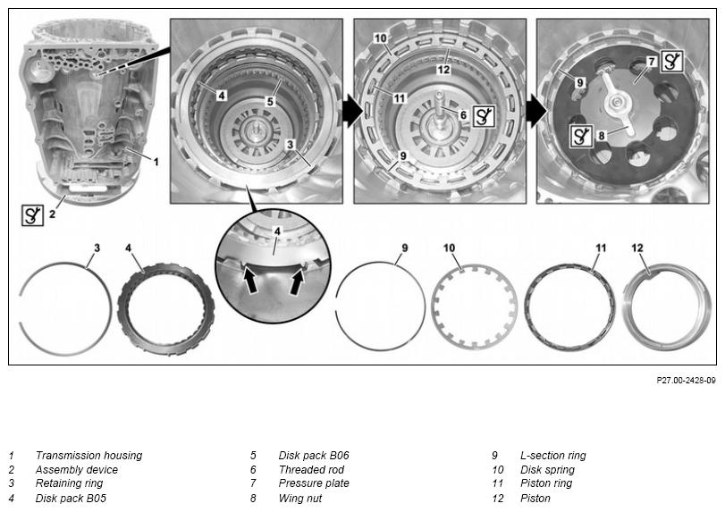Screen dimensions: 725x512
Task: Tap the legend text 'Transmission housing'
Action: pos(89,455)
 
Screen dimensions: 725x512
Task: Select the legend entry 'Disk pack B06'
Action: pos(314,455)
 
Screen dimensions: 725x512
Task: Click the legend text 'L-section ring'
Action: pos(553,455)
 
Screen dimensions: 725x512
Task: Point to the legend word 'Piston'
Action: pos(535,498)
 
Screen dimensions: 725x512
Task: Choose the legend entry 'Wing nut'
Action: pos(300,498)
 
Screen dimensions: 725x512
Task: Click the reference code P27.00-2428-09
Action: pos(686,381)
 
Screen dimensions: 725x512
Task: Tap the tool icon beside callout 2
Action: pos(33,214)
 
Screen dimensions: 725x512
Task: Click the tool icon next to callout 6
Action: pos(484,116)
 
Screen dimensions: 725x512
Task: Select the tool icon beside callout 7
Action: pos(672,61)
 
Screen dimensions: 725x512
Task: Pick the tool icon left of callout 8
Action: pos(581,136)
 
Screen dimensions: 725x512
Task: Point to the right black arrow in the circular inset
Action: pos(296,281)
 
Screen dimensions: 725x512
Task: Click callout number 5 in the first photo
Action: pos(270,101)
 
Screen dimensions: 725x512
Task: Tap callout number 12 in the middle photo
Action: pos(443,70)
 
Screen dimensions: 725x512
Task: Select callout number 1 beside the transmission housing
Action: pos(156,162)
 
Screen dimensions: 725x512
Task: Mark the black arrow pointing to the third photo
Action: pos(536,111)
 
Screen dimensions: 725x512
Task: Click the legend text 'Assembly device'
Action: pos(77,469)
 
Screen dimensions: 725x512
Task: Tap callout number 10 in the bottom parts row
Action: pos(449,248)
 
